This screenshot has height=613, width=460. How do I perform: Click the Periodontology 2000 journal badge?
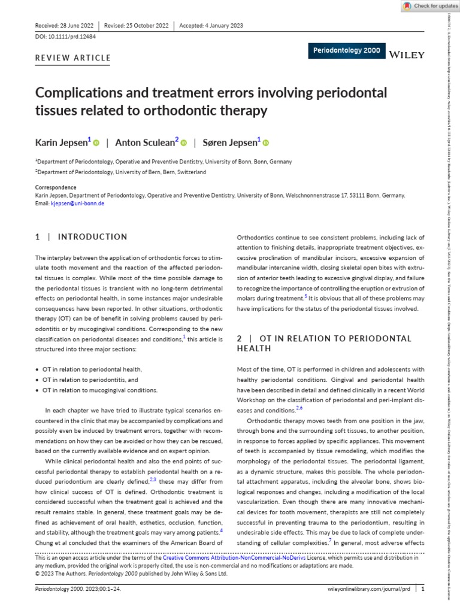pyautogui.click(x=346, y=51)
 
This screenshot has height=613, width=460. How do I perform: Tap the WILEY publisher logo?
pyautogui.click(x=407, y=54)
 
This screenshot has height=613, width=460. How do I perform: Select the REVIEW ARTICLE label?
pyautogui.click(x=74, y=58)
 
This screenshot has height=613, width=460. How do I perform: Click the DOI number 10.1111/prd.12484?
pyautogui.click(x=66, y=37)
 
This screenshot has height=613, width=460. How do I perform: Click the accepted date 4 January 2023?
pyautogui.click(x=211, y=26)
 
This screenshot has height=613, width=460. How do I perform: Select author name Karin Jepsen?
pyautogui.click(x=62, y=142)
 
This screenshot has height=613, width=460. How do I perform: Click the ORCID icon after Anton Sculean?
pyautogui.click(x=184, y=142)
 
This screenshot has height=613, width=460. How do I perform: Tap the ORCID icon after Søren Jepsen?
pyautogui.click(x=266, y=142)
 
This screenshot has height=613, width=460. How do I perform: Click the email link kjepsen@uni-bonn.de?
pyautogui.click(x=77, y=204)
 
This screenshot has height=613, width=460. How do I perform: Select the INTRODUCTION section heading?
pyautogui.click(x=90, y=237)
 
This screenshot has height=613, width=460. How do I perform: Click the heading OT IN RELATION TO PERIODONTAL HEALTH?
pyautogui.click(x=324, y=343)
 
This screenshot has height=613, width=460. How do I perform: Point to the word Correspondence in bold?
pyautogui.click(x=56, y=187)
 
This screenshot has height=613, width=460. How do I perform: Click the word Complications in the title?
pyautogui.click(x=81, y=93)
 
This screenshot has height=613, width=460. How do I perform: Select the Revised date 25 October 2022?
pyautogui.click(x=137, y=26)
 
